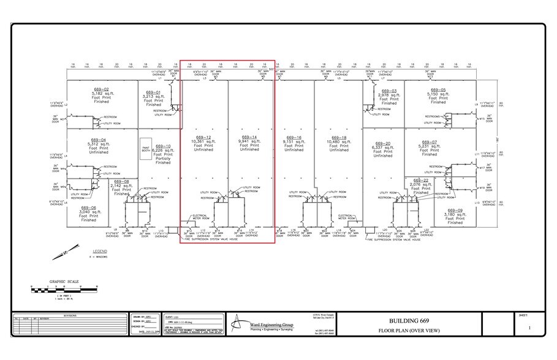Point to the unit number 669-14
point(249,137)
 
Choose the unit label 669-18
point(339,137)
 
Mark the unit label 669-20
point(383,143)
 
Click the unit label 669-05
point(438,89)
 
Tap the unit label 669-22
point(420,180)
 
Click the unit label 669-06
point(89,208)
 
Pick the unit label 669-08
point(121,181)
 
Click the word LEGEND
point(99,251)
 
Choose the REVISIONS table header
point(70,315)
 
